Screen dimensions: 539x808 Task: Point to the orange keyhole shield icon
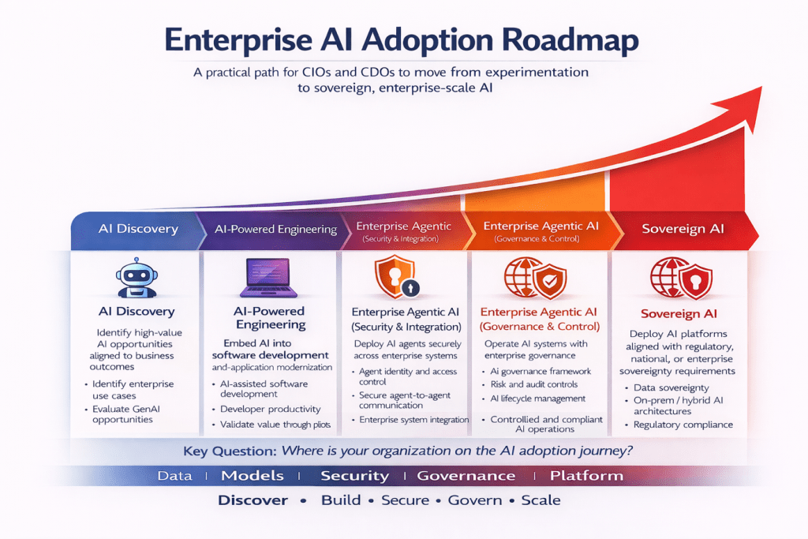(x=394, y=275)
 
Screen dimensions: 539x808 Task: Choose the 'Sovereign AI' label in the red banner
(x=683, y=229)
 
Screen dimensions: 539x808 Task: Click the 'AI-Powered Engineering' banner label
(x=275, y=230)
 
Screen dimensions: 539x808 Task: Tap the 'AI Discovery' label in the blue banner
(x=138, y=229)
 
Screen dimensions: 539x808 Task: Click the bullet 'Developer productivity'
(x=270, y=409)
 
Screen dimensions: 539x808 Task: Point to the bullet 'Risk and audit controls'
(x=535, y=384)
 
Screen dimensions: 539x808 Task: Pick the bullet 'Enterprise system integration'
(x=413, y=420)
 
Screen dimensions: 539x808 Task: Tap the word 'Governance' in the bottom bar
(x=466, y=476)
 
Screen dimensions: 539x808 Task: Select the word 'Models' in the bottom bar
(x=252, y=476)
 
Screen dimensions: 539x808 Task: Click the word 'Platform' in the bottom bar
(x=586, y=476)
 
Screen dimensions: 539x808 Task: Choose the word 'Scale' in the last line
(x=541, y=500)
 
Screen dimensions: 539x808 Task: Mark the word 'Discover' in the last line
(x=252, y=500)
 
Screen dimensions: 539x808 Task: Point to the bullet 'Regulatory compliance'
(x=683, y=425)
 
